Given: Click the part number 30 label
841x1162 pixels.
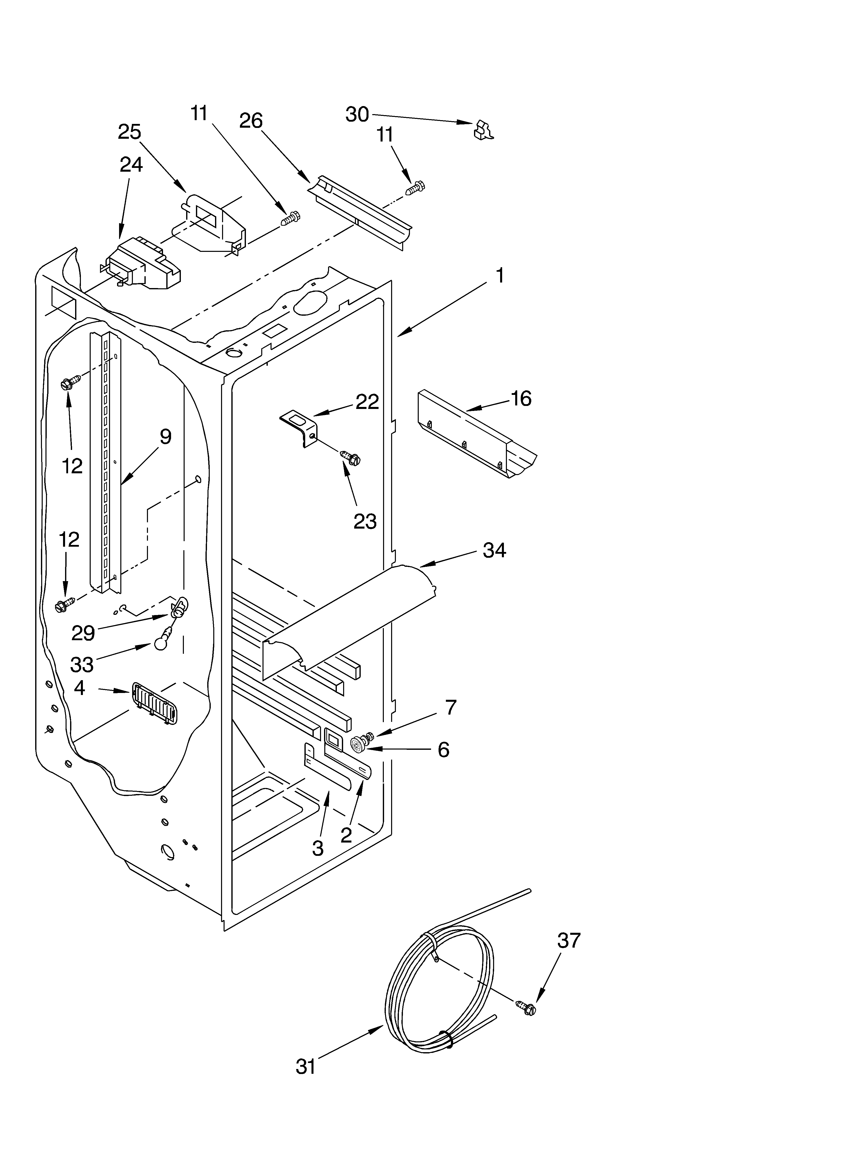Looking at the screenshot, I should pos(357,114).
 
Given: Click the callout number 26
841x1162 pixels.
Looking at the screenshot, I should pos(251,121).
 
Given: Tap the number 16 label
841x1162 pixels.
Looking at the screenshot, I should pos(521,399).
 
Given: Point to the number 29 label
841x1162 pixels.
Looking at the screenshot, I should pos(83,633).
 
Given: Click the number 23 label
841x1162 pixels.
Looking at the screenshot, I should pos(365,522).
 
